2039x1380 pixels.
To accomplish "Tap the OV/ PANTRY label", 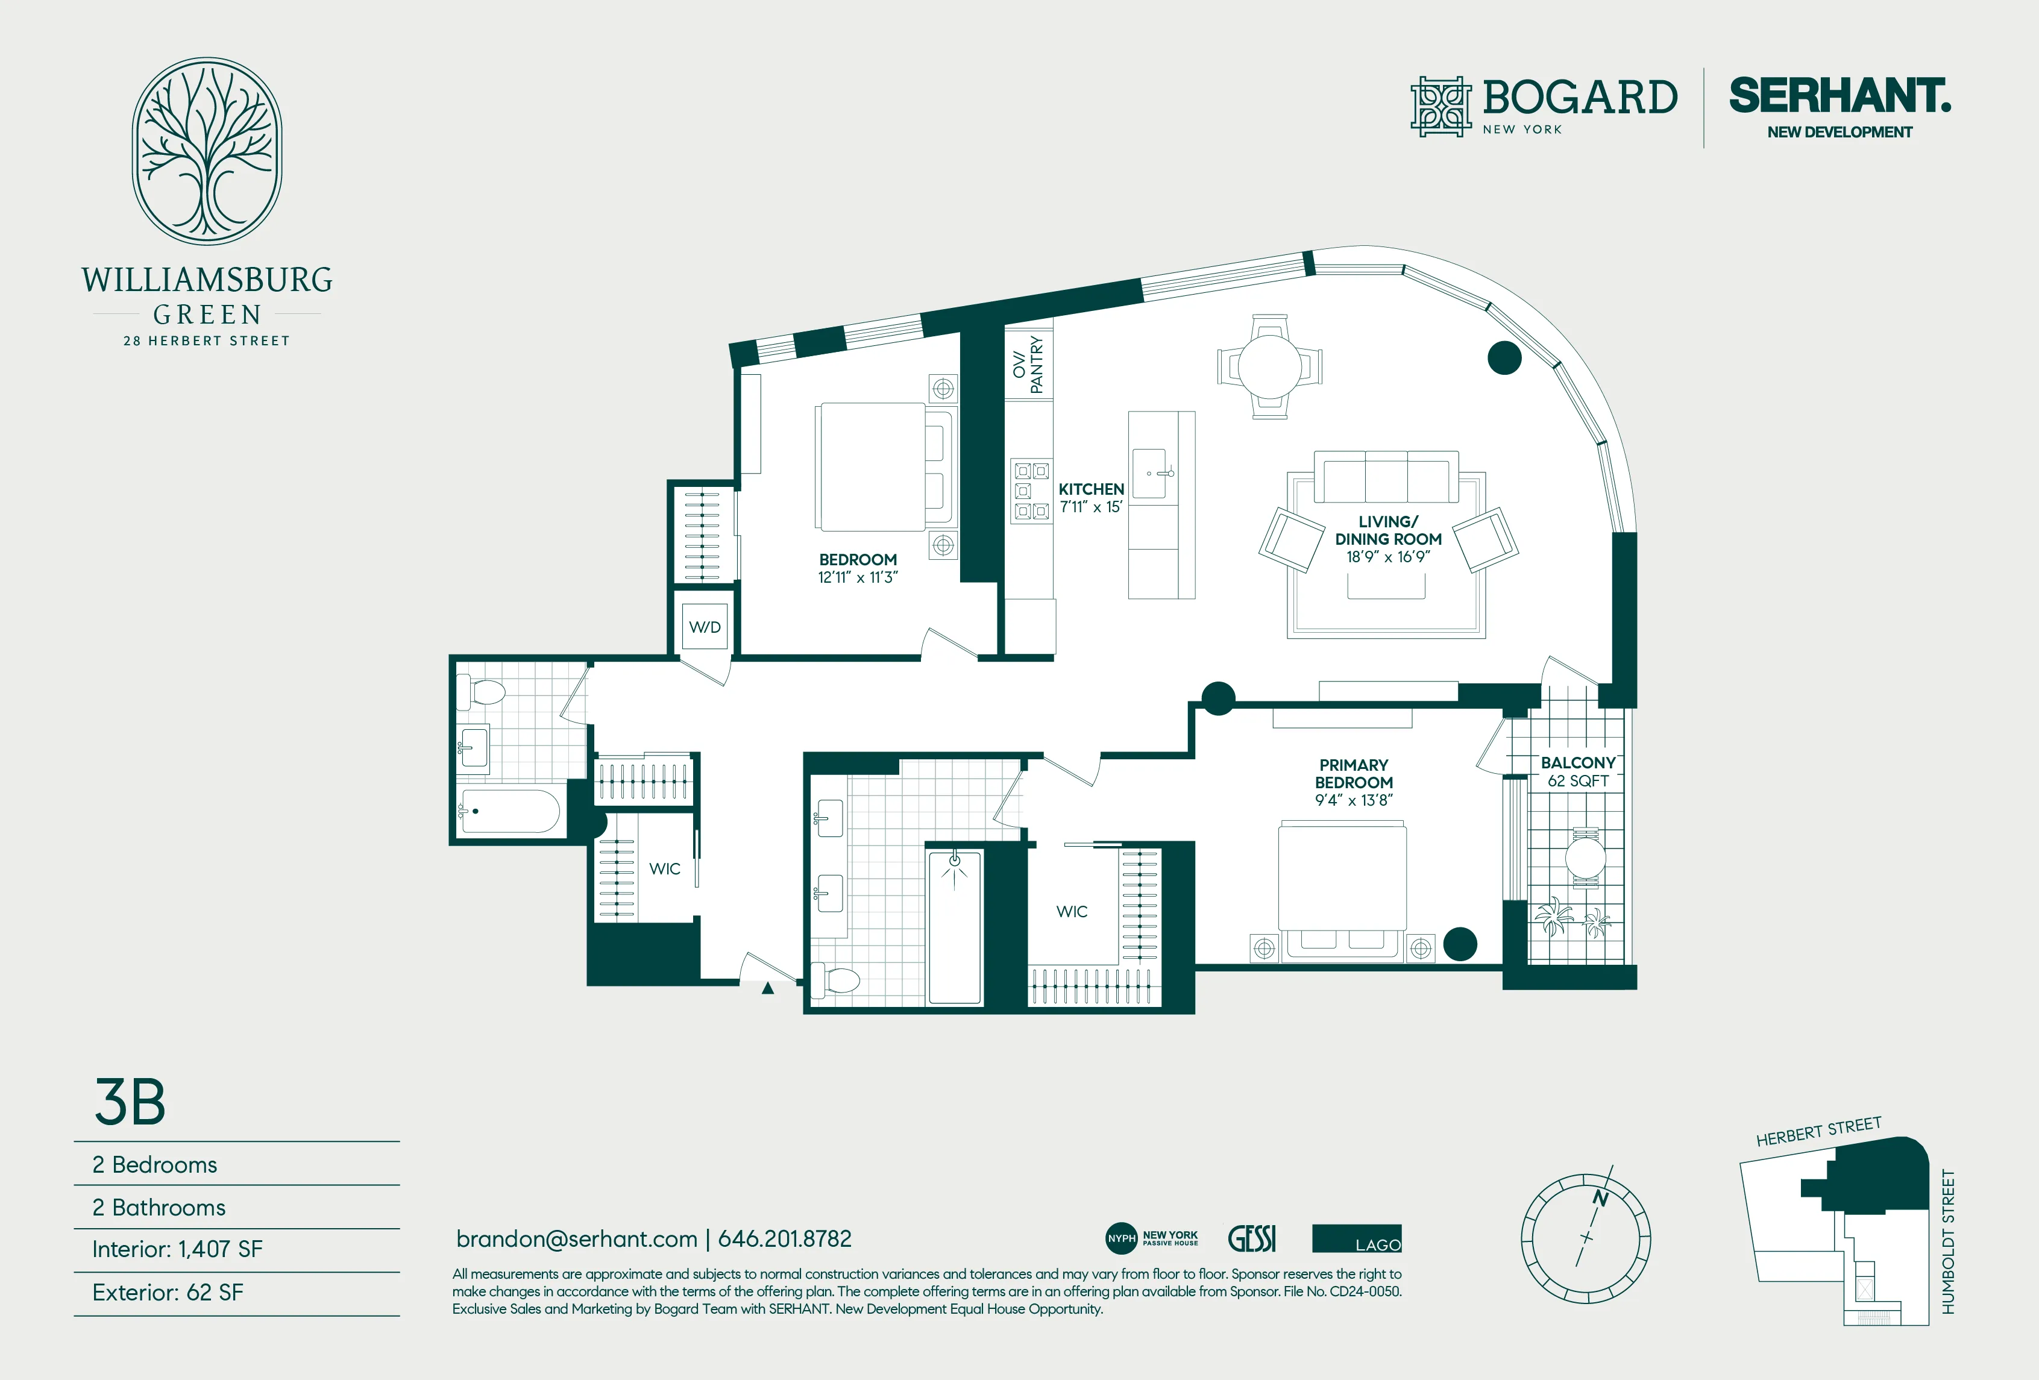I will pos(1028,364).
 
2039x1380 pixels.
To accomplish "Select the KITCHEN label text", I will pos(1090,489).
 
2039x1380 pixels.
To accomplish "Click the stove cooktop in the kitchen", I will pos(1031,491).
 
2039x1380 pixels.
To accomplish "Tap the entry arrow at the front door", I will pos(768,988).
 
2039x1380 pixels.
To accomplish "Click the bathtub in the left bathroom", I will pos(510,812).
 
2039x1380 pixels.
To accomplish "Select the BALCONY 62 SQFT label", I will pos(1577,771).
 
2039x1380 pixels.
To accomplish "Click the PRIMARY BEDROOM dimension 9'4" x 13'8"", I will pos(1353,800).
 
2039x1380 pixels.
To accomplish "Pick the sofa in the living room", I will pos(1386,478).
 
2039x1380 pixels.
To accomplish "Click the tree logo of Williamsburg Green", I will pos(207,151).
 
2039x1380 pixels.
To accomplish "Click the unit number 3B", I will pos(130,1102).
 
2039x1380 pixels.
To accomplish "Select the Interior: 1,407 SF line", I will pos(177,1249).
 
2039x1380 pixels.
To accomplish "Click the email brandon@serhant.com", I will pos(576,1239).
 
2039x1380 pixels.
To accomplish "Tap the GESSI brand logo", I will pos(1252,1239).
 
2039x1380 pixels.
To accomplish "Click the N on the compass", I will pos(1600,1199).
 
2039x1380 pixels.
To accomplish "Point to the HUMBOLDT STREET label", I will pos(1948,1241).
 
